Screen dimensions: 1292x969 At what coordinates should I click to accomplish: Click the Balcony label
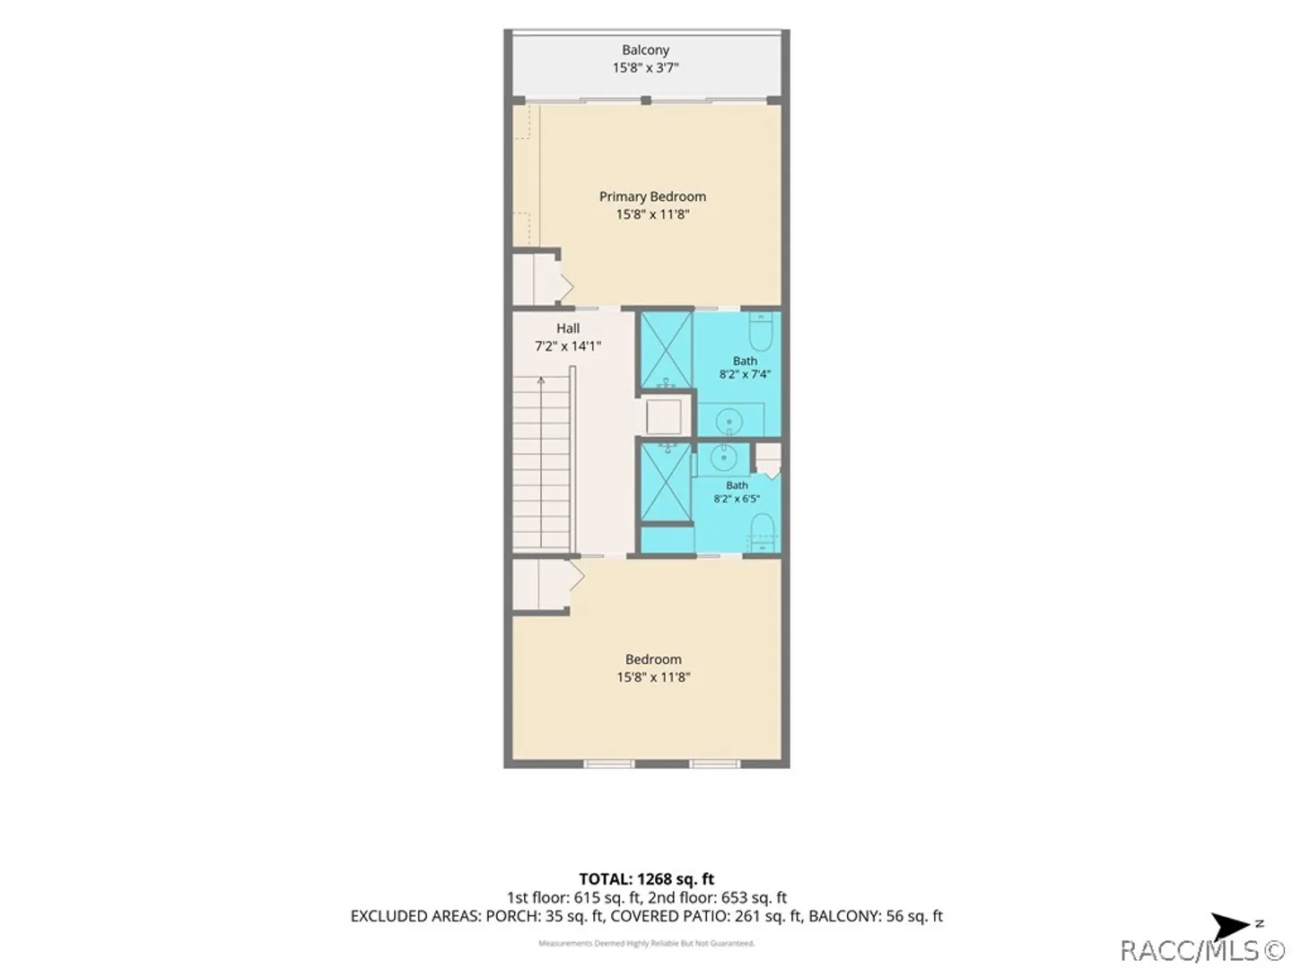point(645,50)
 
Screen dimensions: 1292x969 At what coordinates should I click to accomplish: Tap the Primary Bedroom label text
point(652,196)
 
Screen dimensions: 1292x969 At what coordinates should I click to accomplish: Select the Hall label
point(567,328)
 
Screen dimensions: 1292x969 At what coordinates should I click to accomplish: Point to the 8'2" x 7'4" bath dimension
point(745,374)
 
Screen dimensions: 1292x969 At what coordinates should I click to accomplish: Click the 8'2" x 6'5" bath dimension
point(737,499)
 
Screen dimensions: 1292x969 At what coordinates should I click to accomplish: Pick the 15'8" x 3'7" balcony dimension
point(645,67)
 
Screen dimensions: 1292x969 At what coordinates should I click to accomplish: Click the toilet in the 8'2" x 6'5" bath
point(763,533)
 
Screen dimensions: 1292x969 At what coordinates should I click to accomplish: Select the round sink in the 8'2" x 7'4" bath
point(729,423)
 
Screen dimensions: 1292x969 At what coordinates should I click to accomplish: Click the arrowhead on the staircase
point(540,381)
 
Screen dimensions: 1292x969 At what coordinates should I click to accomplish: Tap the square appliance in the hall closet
point(663,417)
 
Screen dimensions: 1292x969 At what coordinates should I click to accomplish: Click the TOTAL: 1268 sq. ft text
point(646,879)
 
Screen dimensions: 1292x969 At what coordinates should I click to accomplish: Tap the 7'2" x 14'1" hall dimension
point(567,346)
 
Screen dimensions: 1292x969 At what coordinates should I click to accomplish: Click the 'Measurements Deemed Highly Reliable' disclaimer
point(646,944)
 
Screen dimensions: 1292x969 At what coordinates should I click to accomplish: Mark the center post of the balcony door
point(646,100)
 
